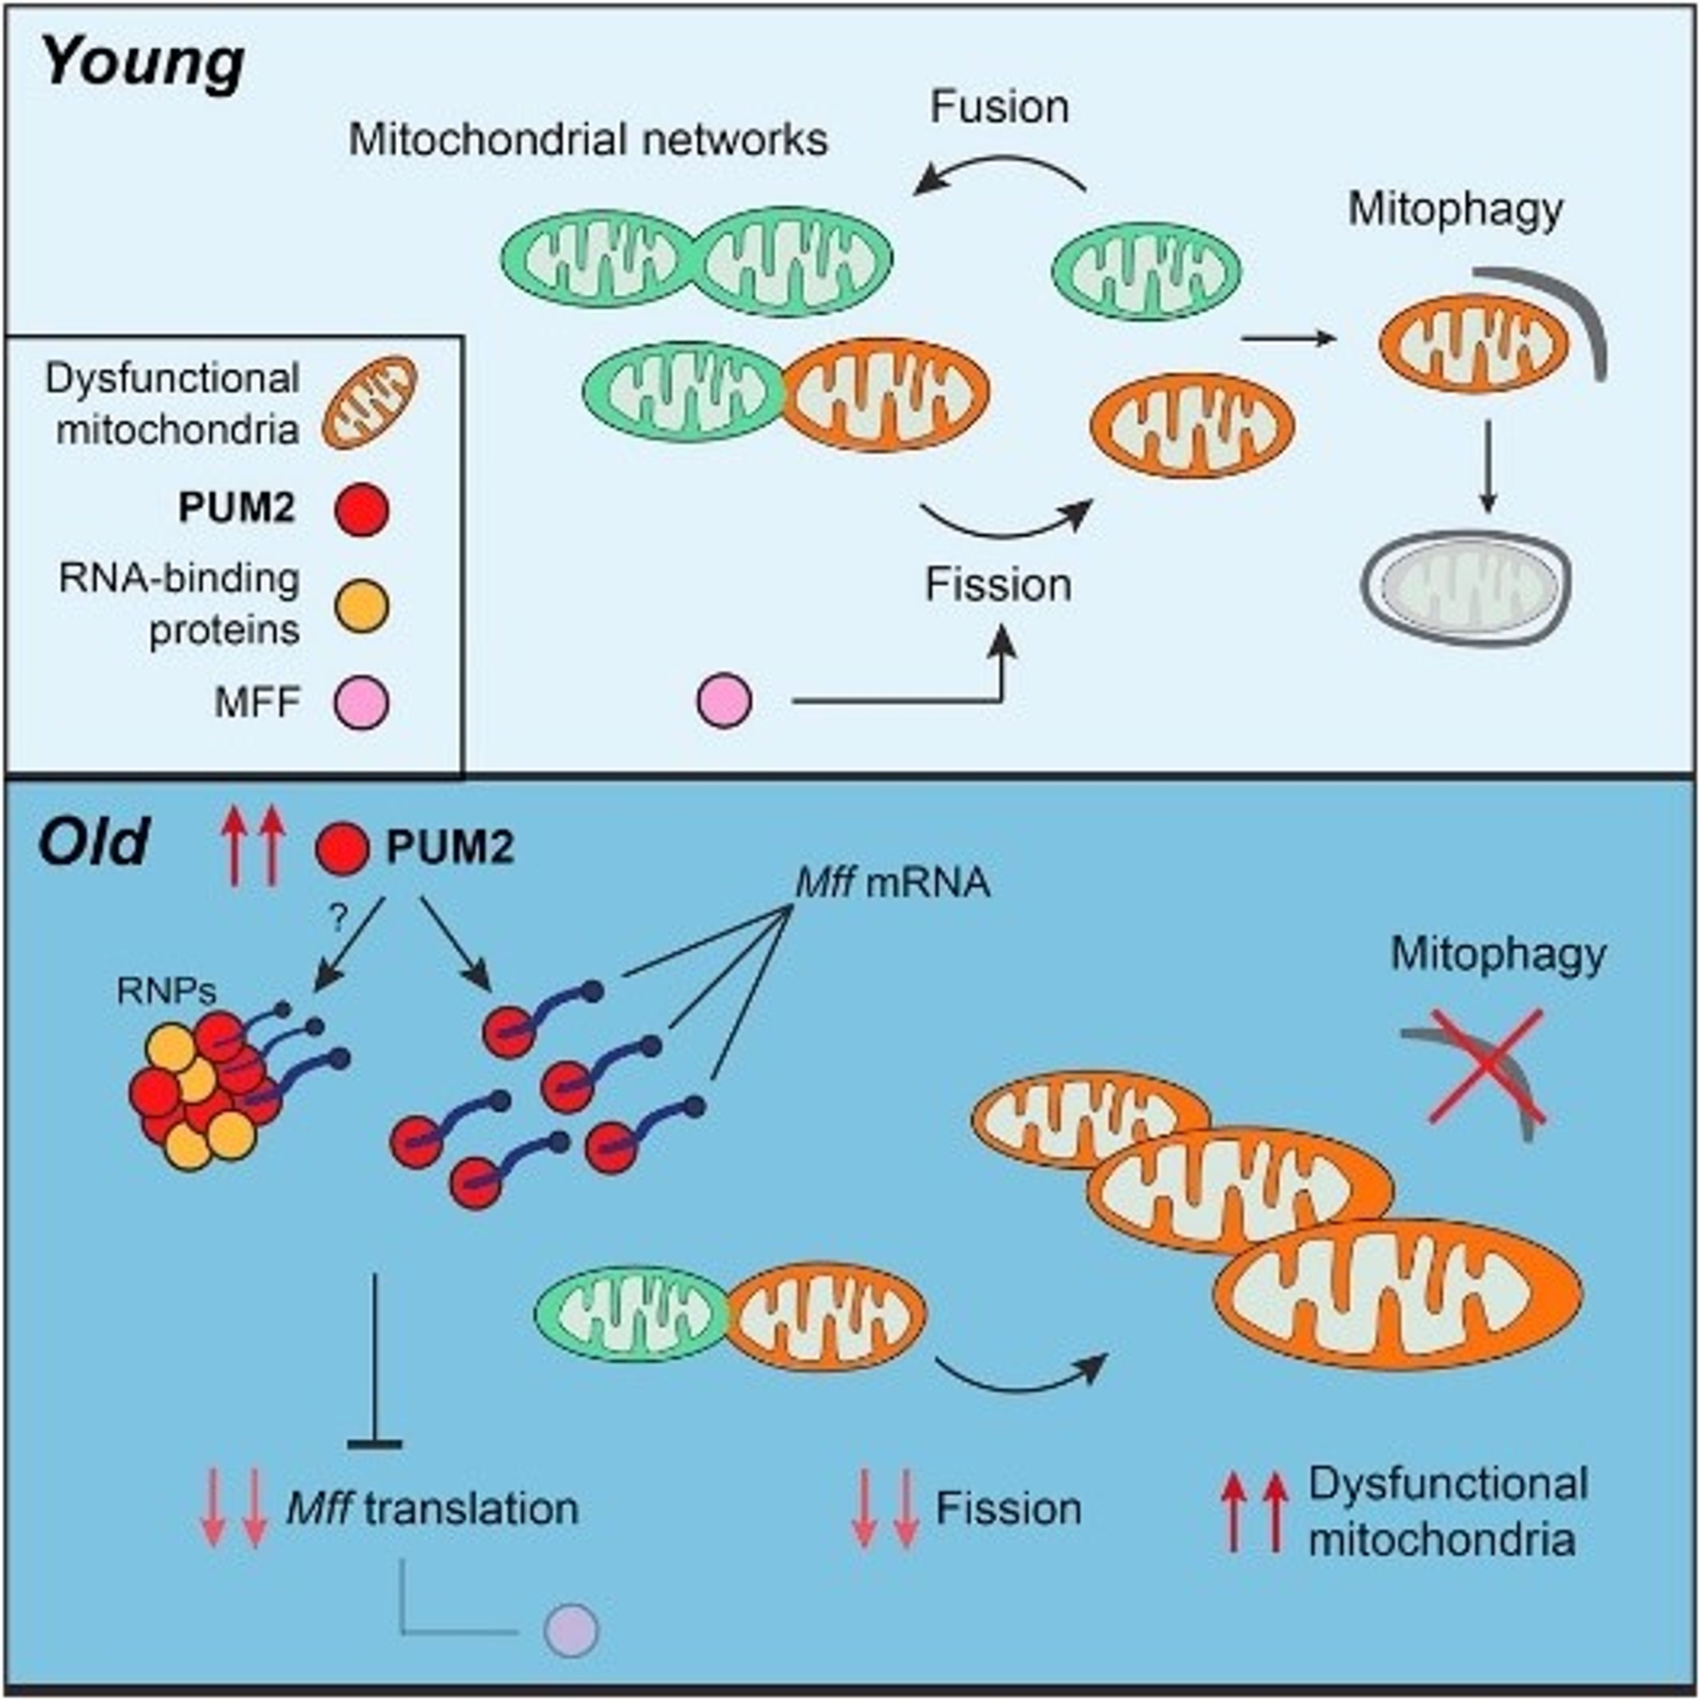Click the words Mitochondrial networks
pos(588,140)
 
